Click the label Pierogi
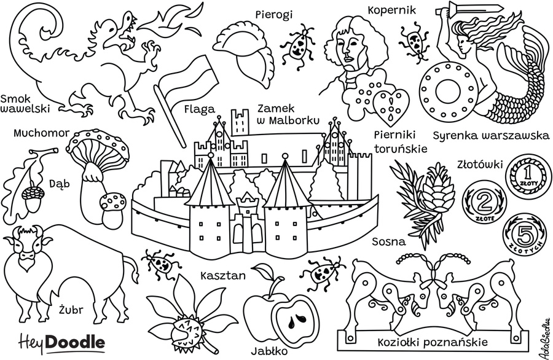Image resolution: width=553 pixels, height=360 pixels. pyautogui.click(x=275, y=13)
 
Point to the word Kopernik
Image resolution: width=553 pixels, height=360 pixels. pyautogui.click(x=392, y=9)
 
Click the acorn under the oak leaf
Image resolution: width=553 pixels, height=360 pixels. pyautogui.click(x=29, y=194)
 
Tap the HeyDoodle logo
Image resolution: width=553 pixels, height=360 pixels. pyautogui.click(x=61, y=340)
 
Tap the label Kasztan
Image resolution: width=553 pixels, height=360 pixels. pyautogui.click(x=223, y=275)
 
